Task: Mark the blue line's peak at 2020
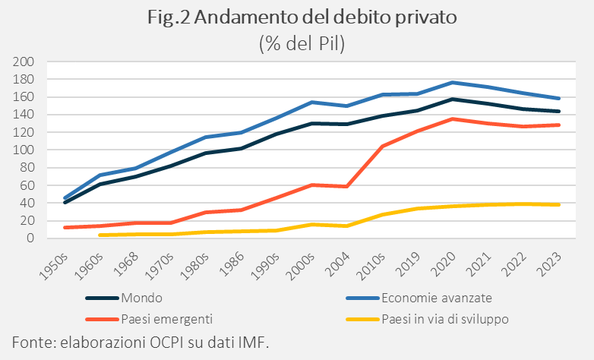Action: click(453, 82)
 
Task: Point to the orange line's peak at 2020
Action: click(453, 118)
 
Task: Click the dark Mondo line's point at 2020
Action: click(453, 99)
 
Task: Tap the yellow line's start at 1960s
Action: click(100, 235)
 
